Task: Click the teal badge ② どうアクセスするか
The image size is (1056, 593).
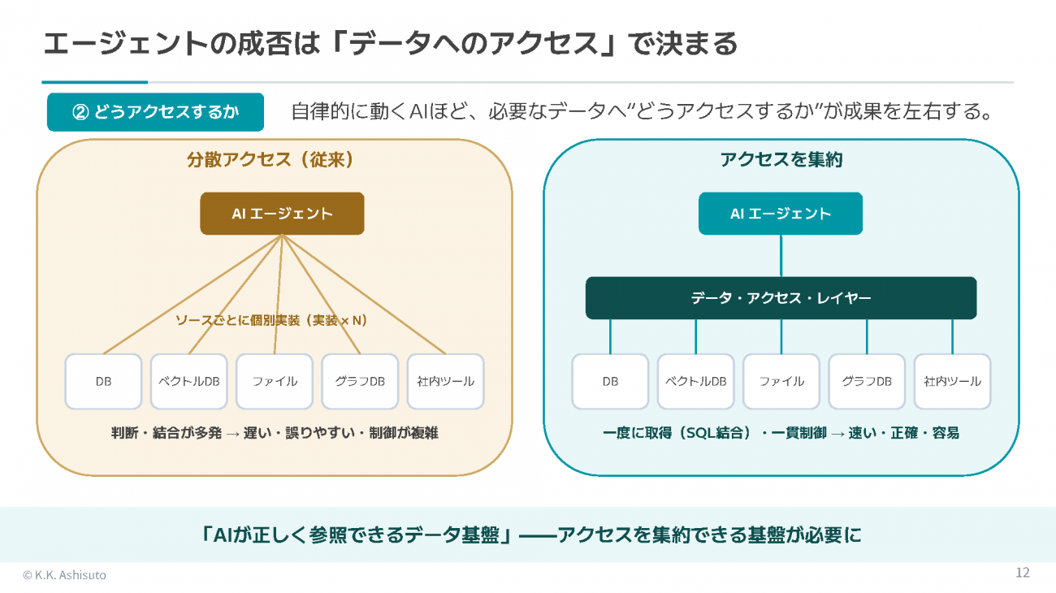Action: [155, 112]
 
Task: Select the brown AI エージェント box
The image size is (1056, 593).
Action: [282, 214]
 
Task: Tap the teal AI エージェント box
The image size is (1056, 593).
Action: [780, 214]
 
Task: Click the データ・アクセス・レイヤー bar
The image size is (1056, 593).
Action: [781, 298]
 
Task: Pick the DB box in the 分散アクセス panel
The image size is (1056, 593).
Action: [103, 381]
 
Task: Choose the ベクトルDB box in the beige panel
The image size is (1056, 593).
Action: [188, 381]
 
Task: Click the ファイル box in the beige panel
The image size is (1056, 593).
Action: [275, 381]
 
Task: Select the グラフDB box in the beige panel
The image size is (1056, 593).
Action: [360, 381]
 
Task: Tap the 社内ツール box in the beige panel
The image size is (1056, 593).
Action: [445, 381]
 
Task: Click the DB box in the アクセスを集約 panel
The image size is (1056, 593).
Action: [610, 381]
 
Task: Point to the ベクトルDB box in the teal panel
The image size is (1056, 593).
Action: [696, 381]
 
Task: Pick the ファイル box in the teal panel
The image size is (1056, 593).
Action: [781, 381]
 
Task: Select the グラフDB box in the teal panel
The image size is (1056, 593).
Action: [867, 381]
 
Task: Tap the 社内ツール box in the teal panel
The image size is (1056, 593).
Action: [952, 381]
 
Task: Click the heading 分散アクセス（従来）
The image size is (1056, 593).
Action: [270, 160]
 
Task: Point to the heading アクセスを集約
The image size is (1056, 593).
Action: [781, 160]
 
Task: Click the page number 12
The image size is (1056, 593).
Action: [1022, 572]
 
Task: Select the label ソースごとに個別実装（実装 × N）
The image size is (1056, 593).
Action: [271, 321]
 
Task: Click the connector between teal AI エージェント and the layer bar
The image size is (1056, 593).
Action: [781, 256]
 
